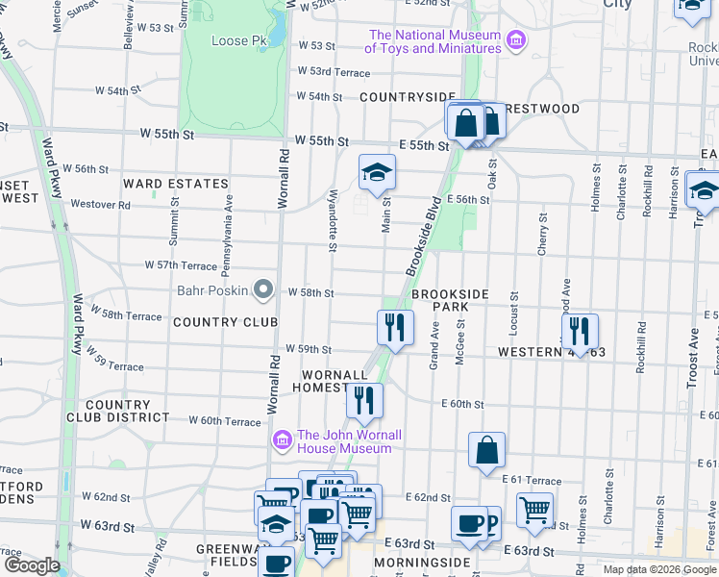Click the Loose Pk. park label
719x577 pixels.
click(238, 41)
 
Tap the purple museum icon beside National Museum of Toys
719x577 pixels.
click(517, 40)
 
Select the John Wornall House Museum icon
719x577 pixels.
click(283, 440)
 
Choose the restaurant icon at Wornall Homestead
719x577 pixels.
click(364, 400)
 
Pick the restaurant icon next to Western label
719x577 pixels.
click(580, 331)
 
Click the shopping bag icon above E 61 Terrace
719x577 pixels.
click(487, 449)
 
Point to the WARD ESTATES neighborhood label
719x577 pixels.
click(176, 183)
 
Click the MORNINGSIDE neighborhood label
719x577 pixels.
click(422, 562)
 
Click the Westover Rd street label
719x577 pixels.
click(99, 205)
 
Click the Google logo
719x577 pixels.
click(33, 565)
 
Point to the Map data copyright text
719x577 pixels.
click(659, 569)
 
